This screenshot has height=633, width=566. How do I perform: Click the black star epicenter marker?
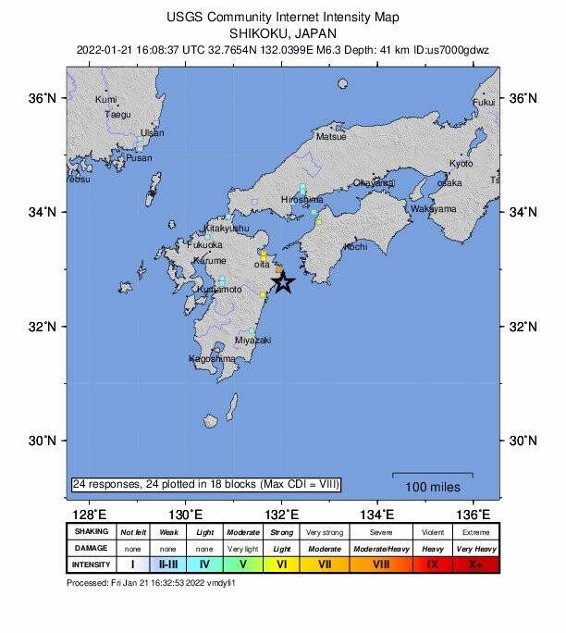coord(283,282)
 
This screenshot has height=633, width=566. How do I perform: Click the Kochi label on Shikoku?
coord(355,247)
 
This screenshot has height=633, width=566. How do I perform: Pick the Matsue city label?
coord(331,136)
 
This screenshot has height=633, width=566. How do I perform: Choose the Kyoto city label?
coord(461,164)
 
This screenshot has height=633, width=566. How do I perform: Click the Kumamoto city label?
coord(219,290)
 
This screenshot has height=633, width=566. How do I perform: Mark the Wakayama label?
coord(434,209)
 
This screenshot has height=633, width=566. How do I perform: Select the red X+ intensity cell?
coord(474,564)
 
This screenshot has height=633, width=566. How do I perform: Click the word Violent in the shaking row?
coord(431,531)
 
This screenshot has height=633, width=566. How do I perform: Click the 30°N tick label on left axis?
coord(45,440)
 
